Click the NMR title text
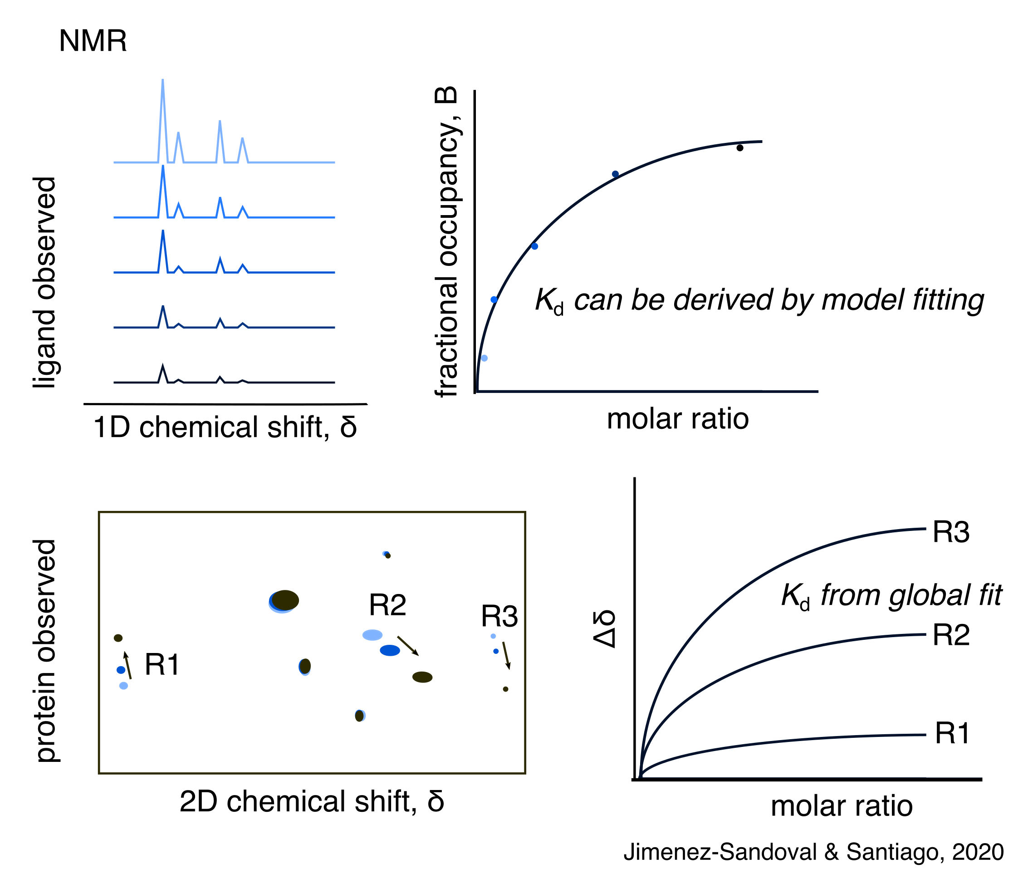[93, 40]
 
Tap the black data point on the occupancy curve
[739, 148]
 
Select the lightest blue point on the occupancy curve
[484, 358]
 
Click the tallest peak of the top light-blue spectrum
[162, 81]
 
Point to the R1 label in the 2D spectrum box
[162, 664]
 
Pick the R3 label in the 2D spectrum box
[499, 616]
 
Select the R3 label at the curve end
[951, 533]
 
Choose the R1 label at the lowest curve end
[952, 733]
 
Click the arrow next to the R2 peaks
[408, 646]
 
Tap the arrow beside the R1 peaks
[127, 665]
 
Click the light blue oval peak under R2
[372, 635]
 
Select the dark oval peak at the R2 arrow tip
[422, 678]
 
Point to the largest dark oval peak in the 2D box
[285, 600]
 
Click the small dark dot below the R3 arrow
[505, 689]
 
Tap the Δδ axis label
[604, 629]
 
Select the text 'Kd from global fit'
[891, 595]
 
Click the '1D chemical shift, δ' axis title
[225, 427]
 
